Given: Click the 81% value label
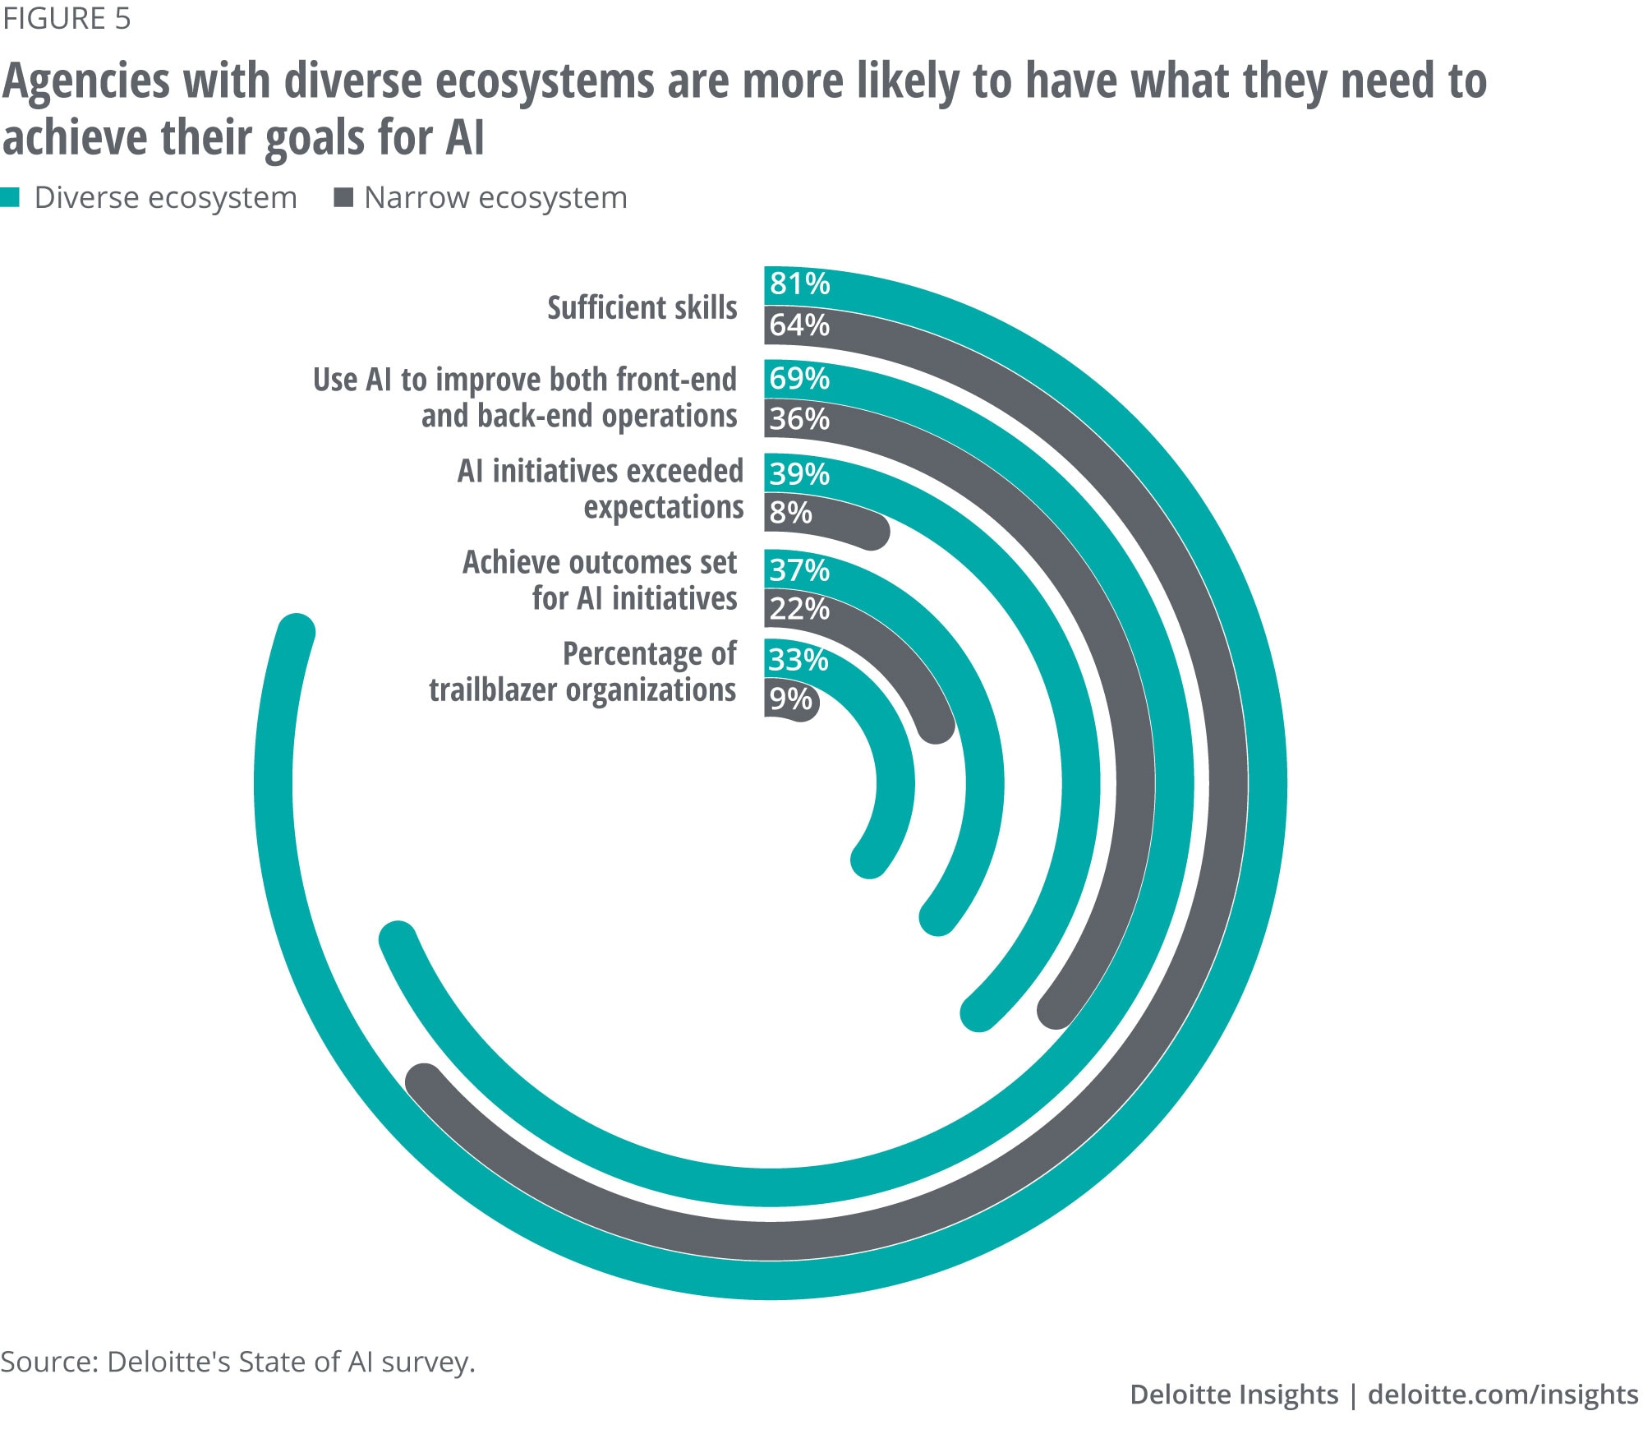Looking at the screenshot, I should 799,284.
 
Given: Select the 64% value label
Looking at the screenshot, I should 799,325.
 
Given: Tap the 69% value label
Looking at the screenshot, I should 799,379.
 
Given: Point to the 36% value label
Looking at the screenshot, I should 799,419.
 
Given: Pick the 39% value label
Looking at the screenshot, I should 799,474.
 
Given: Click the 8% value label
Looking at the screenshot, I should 790,513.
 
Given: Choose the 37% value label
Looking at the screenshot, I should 799,569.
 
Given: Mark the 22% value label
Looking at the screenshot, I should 799,609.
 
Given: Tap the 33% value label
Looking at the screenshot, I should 798,660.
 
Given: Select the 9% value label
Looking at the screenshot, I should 790,699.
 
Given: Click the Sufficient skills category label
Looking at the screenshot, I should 642,307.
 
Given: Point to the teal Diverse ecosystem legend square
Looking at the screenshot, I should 10,197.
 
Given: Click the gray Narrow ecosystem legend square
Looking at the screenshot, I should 343,197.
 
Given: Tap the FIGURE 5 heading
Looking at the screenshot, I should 67,19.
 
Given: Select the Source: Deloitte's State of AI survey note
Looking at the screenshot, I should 238,1362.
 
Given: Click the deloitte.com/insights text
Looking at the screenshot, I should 1503,1395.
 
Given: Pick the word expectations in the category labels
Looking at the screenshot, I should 664,507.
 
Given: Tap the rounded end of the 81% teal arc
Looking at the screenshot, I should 296,634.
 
